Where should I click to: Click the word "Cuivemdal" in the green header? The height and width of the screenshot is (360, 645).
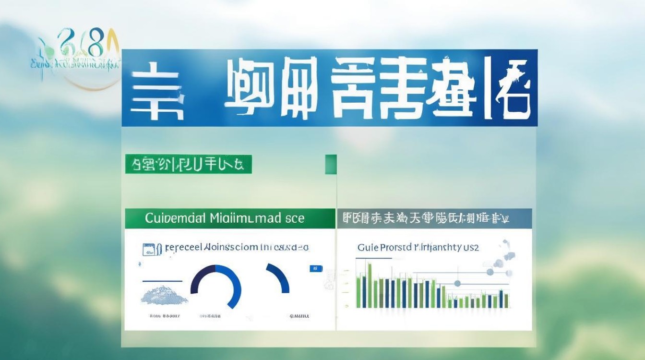(176, 218)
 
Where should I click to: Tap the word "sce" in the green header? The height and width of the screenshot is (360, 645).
(295, 218)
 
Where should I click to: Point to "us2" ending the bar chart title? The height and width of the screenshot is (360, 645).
(470, 248)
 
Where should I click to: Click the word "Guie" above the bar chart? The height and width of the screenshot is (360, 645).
(368, 248)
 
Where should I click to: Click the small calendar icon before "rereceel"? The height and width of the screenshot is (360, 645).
(149, 249)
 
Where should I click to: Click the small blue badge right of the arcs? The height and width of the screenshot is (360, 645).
(315, 269)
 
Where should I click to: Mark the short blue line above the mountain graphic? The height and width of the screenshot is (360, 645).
(163, 281)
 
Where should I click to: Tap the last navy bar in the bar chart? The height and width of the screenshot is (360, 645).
(506, 300)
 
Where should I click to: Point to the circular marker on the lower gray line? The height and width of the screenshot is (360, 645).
(457, 283)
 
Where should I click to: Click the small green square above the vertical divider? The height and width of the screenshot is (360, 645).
(331, 164)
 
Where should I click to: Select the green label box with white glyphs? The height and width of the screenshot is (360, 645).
(188, 164)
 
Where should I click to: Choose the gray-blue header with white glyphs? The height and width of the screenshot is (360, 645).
(435, 218)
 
